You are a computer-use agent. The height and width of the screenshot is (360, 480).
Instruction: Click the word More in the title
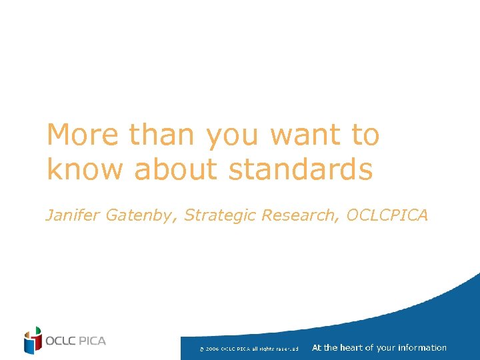click(x=83, y=135)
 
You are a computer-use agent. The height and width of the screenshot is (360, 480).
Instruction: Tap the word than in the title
click(x=163, y=135)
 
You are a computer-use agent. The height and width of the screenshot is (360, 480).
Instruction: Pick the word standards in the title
click(x=300, y=169)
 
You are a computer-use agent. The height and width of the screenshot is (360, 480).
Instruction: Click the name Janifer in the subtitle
click(x=69, y=215)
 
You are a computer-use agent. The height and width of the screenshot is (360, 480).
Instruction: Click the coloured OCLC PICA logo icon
click(x=32, y=341)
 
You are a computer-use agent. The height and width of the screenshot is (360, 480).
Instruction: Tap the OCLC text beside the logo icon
click(x=61, y=341)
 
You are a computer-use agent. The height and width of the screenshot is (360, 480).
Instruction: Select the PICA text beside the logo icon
click(x=92, y=341)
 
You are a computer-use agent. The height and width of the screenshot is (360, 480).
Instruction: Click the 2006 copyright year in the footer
click(x=212, y=349)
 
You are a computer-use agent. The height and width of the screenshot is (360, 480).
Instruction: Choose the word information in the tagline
click(x=422, y=347)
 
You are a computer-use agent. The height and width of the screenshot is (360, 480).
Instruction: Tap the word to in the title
click(x=365, y=135)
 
